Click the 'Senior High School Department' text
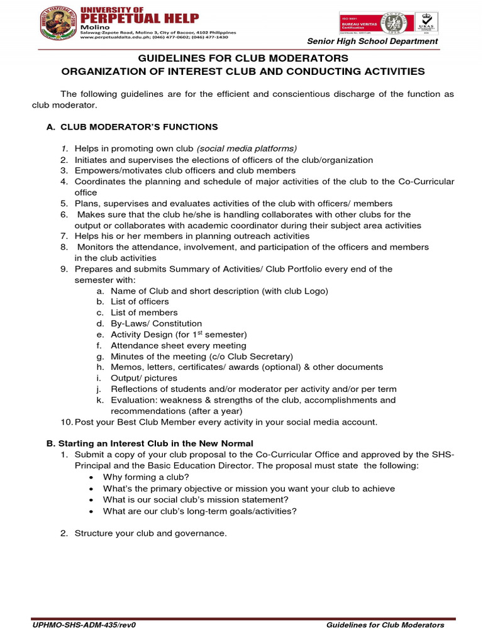372,42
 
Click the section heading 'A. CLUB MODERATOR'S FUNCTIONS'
132,127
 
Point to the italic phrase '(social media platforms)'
247,149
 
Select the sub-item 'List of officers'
140,302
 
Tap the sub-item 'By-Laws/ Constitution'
157,323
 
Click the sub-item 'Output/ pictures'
144,378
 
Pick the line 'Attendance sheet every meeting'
179,345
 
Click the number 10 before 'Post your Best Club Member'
66,422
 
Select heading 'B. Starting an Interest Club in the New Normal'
150,443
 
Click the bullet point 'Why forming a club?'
145,477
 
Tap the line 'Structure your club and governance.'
150,533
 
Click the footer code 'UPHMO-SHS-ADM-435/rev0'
85,625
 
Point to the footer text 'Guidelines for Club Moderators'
386,625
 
